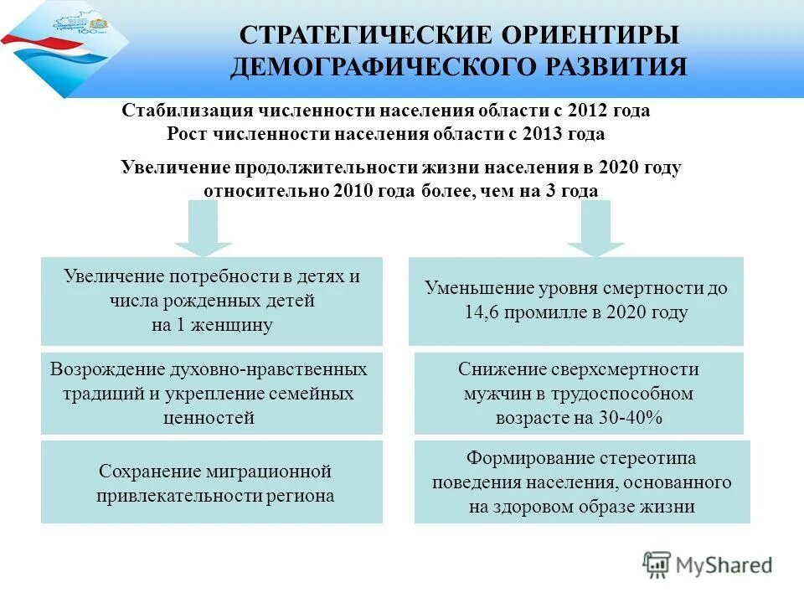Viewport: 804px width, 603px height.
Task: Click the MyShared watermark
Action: point(707,564)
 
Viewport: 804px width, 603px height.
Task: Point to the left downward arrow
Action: point(203,227)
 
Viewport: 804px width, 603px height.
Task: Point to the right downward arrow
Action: point(595,227)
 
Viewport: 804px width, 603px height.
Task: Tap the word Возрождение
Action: point(105,369)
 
